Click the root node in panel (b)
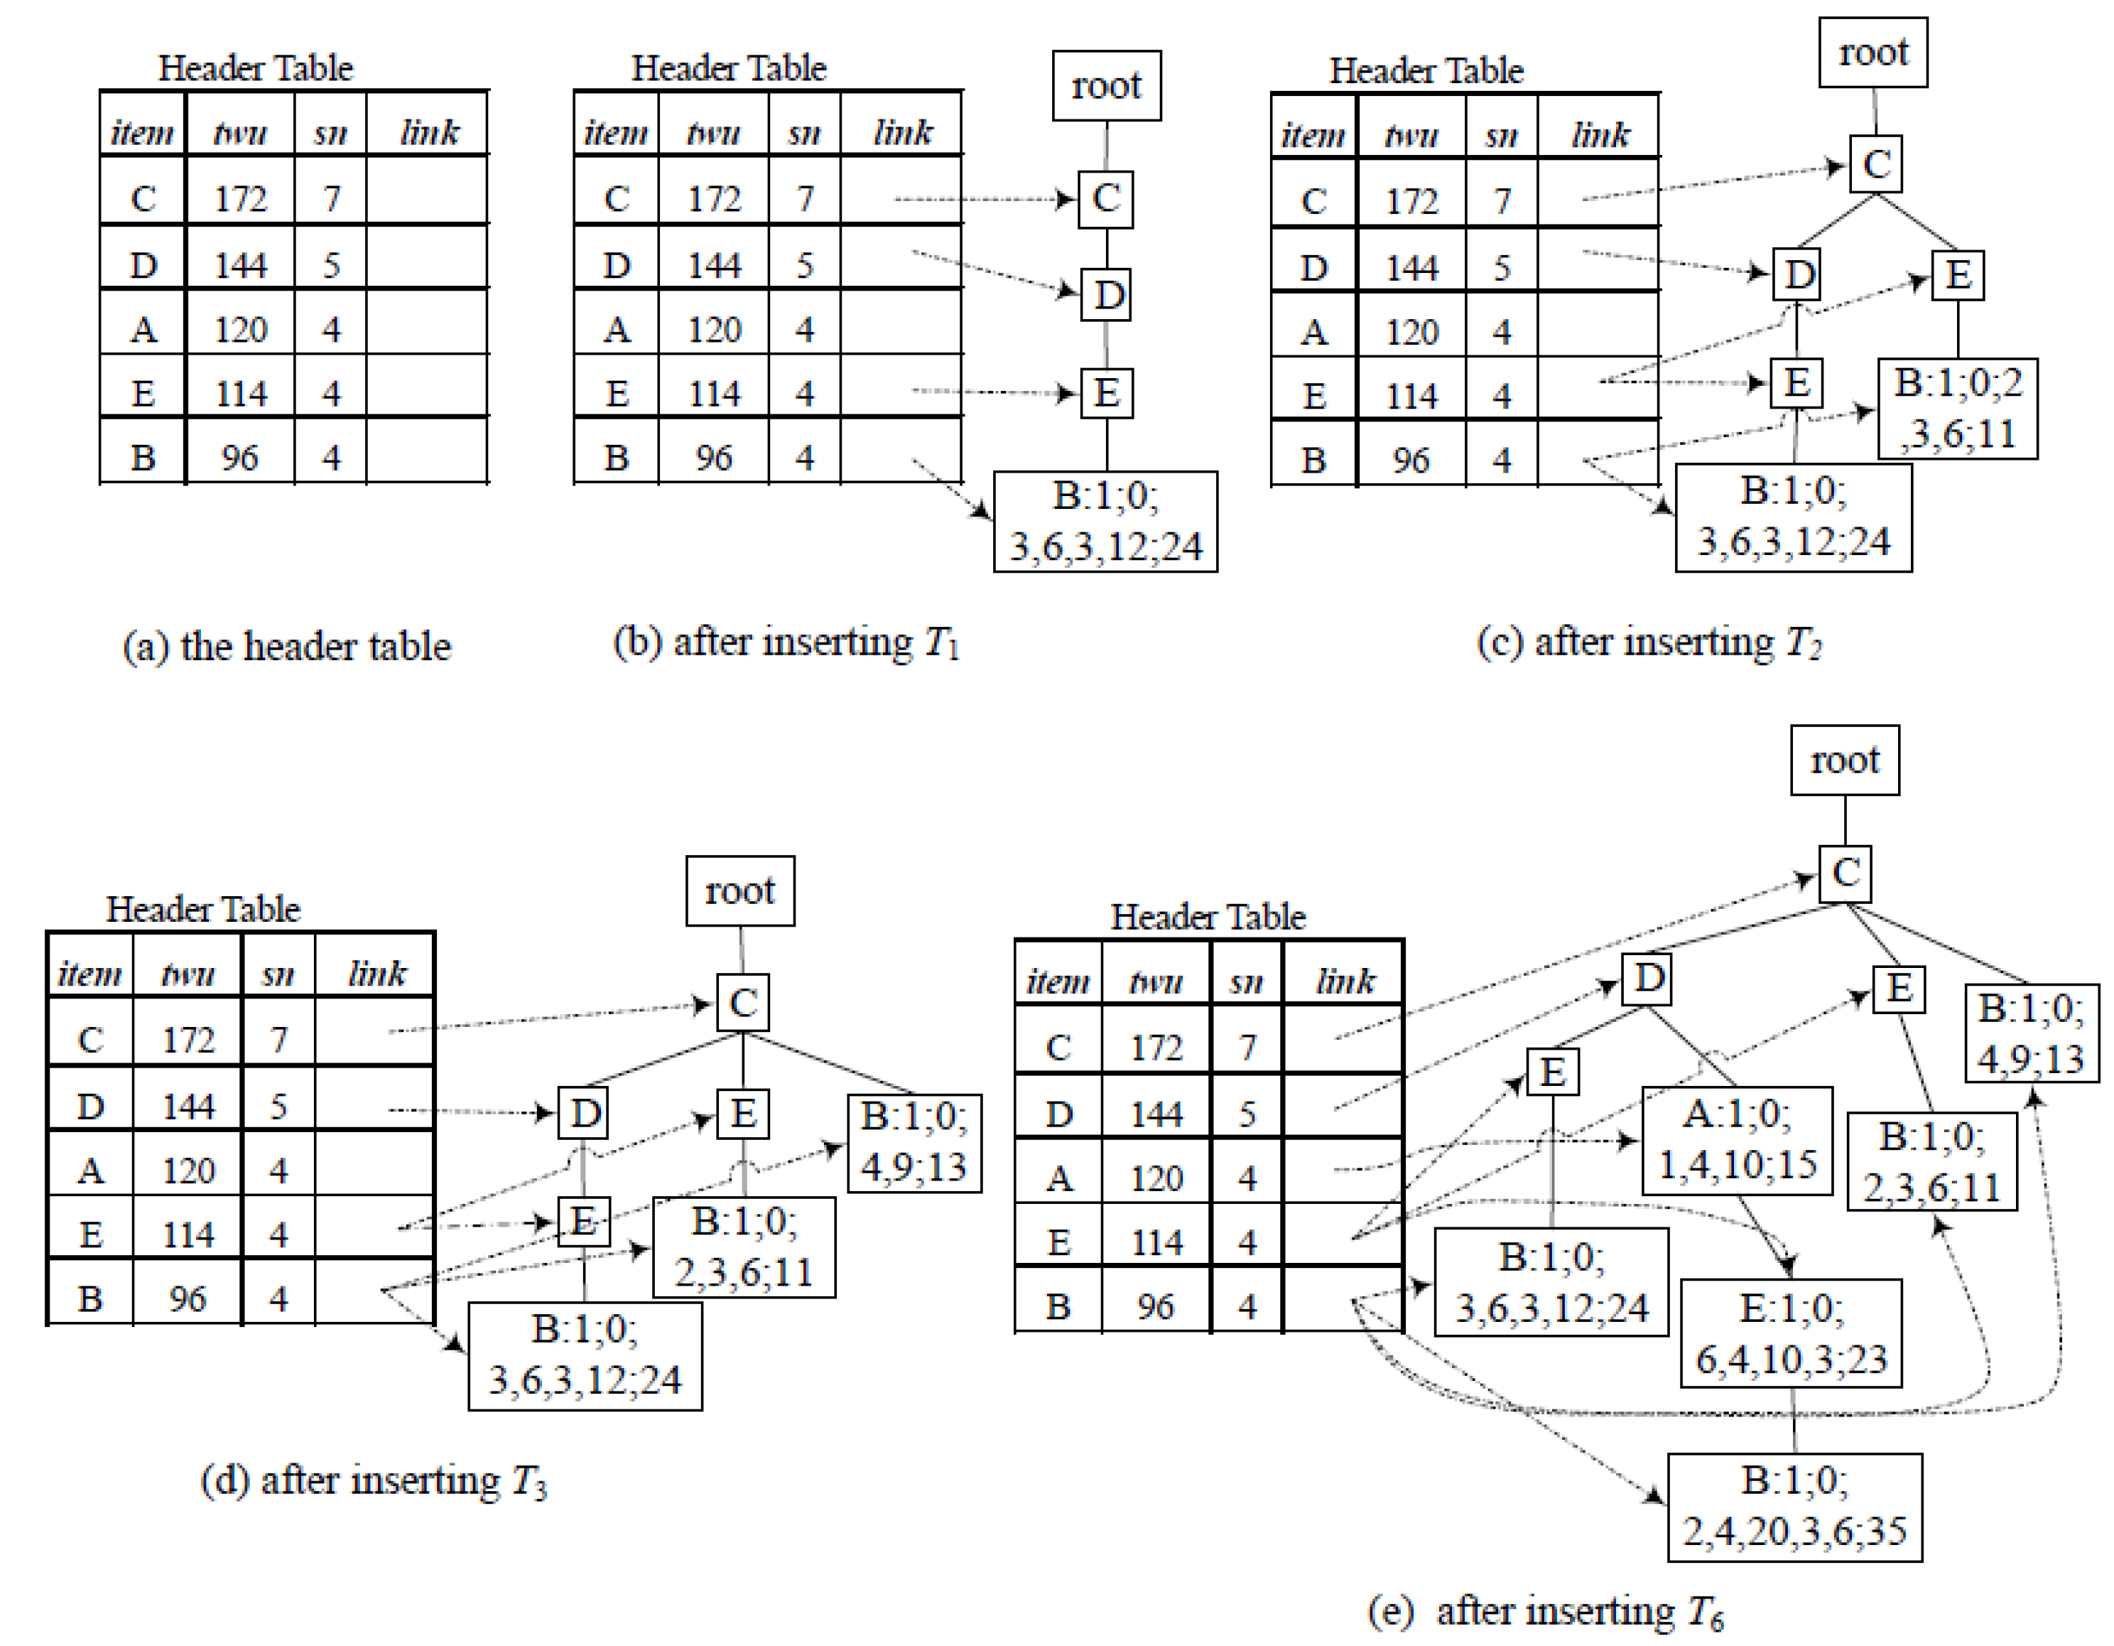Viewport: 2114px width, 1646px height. (1106, 86)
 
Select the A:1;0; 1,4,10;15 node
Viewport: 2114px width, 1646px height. (1737, 1139)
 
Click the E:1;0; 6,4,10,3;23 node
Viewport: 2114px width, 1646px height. (1791, 1333)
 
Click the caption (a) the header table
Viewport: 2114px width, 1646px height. (286, 646)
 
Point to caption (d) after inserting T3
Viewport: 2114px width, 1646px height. (374, 1480)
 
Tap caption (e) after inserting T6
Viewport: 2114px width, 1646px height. (1545, 1611)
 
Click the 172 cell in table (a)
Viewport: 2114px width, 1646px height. (240, 198)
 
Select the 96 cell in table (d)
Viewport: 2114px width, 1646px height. (187, 1298)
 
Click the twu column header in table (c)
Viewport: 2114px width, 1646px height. (1411, 134)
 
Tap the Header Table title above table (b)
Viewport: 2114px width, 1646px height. (729, 68)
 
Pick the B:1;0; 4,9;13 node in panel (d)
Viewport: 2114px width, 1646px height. (914, 1143)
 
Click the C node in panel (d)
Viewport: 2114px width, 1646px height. (742, 1003)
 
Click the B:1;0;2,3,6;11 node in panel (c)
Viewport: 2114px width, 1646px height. (1957, 409)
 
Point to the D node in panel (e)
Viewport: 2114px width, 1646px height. (1649, 978)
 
